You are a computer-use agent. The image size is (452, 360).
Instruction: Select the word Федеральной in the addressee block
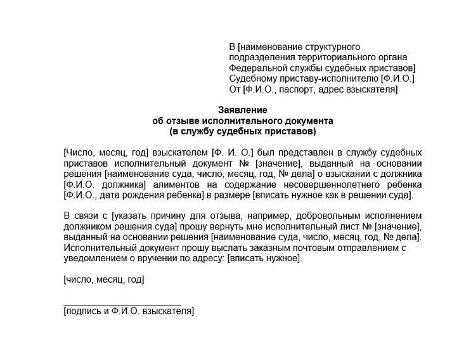coord(255,68)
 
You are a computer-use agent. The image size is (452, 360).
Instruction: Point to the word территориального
coord(321,57)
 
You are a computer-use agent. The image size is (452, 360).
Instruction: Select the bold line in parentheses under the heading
coord(243,131)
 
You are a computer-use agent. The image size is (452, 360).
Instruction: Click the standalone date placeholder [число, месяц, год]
coord(104,279)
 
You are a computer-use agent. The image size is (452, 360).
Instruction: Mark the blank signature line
coord(122,304)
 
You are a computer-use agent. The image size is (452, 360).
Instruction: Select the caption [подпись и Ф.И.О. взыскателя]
coord(129,311)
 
